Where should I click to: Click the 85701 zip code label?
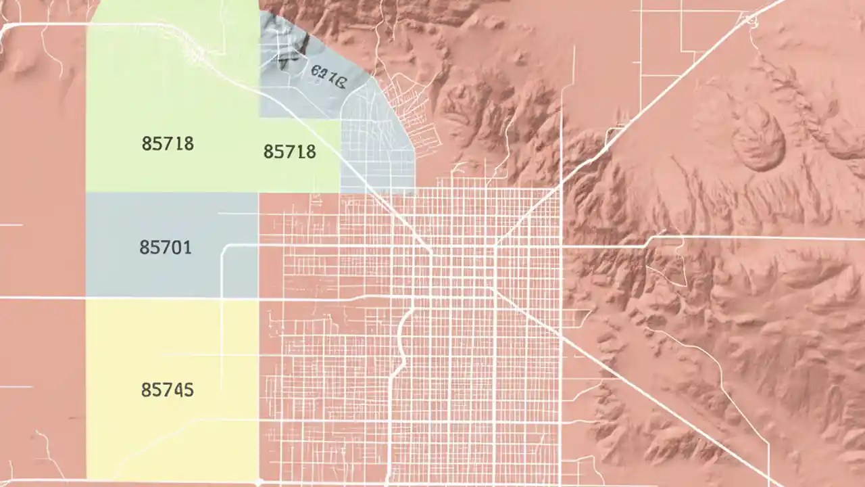(x=166, y=248)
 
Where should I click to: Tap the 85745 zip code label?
(x=167, y=390)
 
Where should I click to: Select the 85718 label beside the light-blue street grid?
(x=289, y=152)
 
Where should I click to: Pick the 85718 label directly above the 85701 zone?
(x=168, y=143)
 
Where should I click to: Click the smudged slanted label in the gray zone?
(x=328, y=76)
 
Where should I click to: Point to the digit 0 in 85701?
(x=177, y=248)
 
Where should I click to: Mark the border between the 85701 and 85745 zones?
(x=172, y=298)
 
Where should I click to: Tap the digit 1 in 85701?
(x=187, y=248)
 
